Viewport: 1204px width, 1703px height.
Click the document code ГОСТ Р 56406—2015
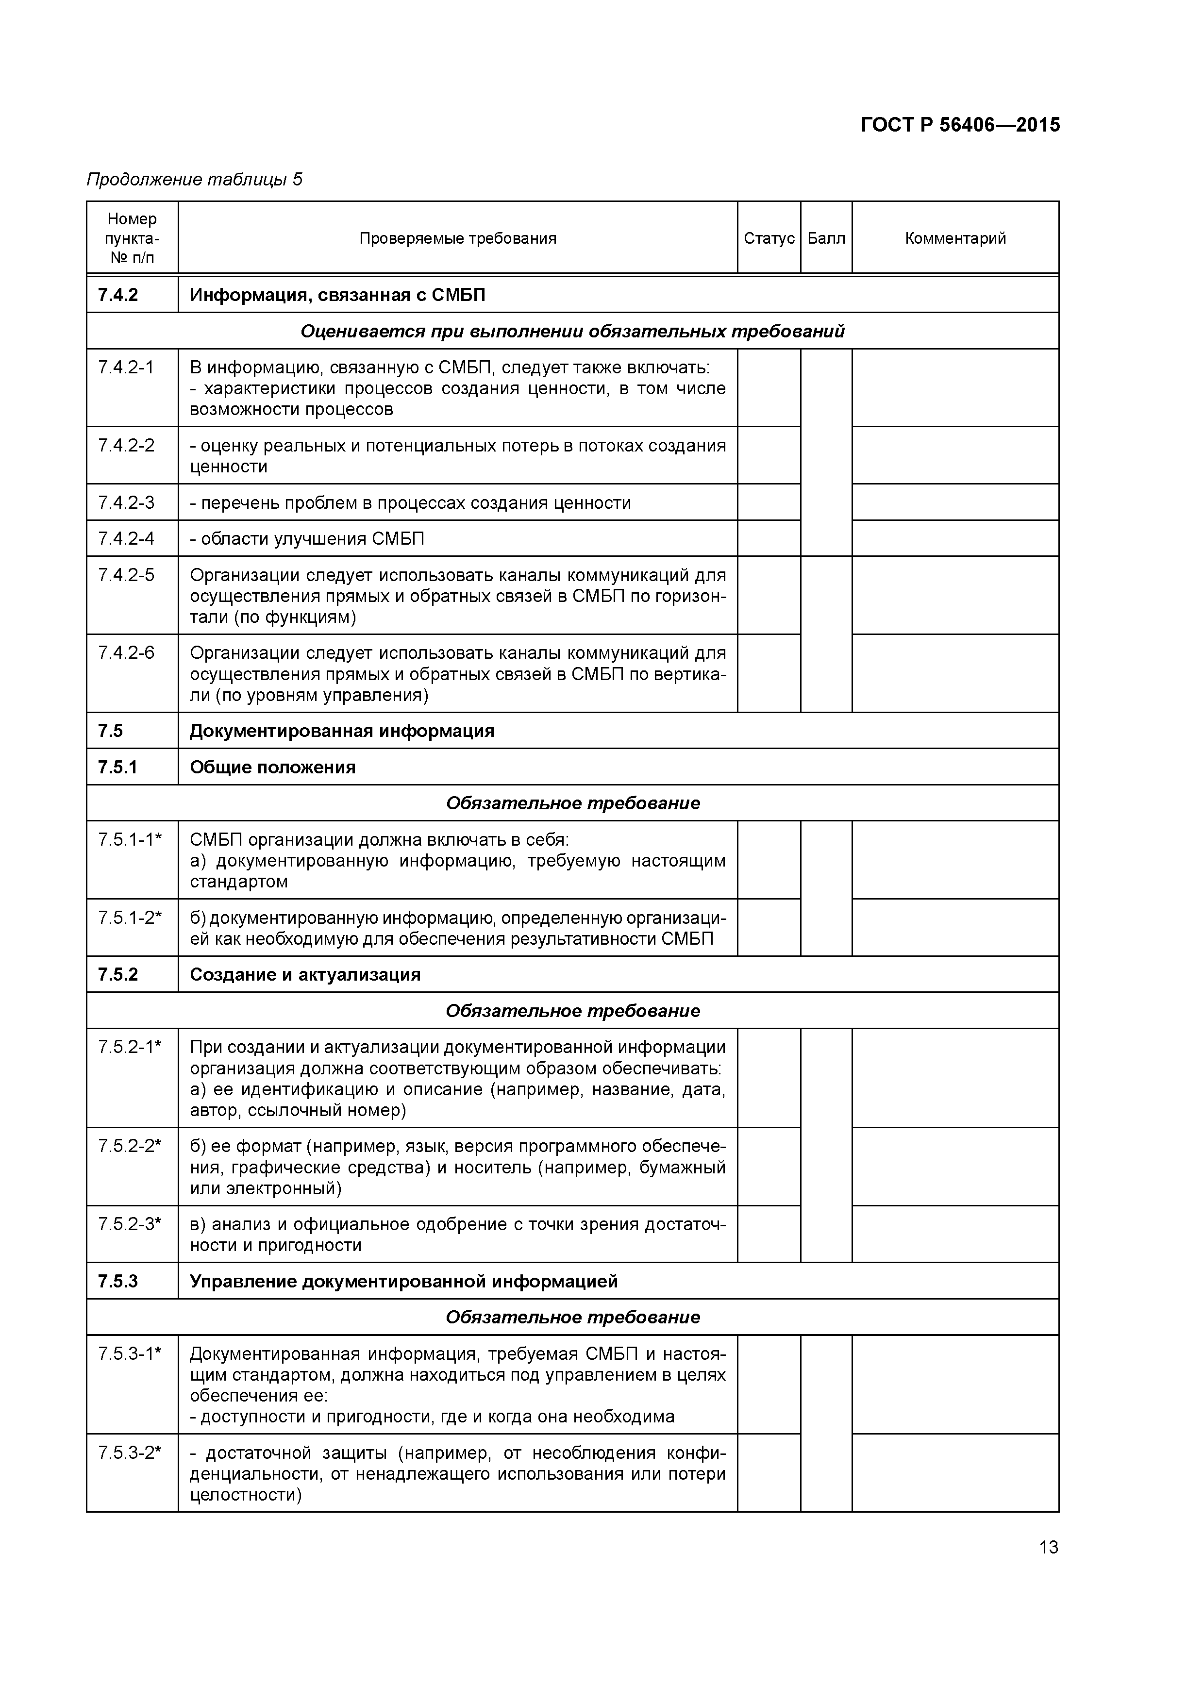click(960, 125)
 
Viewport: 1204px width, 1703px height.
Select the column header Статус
click(769, 238)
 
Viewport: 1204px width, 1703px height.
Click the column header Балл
click(826, 238)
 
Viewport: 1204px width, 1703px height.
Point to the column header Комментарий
click(955, 238)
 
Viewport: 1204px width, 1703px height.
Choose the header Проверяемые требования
click(458, 238)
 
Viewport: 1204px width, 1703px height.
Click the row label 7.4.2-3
click(126, 503)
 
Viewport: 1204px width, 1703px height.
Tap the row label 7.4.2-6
click(126, 653)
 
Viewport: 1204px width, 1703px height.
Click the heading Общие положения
click(272, 768)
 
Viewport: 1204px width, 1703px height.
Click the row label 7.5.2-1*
click(130, 1047)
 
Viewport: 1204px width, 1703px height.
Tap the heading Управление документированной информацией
click(403, 1282)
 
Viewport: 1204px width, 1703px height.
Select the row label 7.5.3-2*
click(130, 1453)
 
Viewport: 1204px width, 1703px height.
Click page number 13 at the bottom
click(1048, 1547)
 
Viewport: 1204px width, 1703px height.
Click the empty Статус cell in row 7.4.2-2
click(769, 455)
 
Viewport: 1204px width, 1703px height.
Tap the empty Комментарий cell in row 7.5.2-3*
click(955, 1234)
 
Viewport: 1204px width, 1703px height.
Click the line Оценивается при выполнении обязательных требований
click(572, 332)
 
